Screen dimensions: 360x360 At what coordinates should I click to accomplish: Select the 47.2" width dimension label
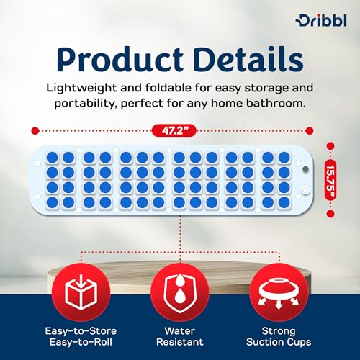point(169,130)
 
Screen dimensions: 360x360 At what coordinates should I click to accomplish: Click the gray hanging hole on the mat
point(305,170)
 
